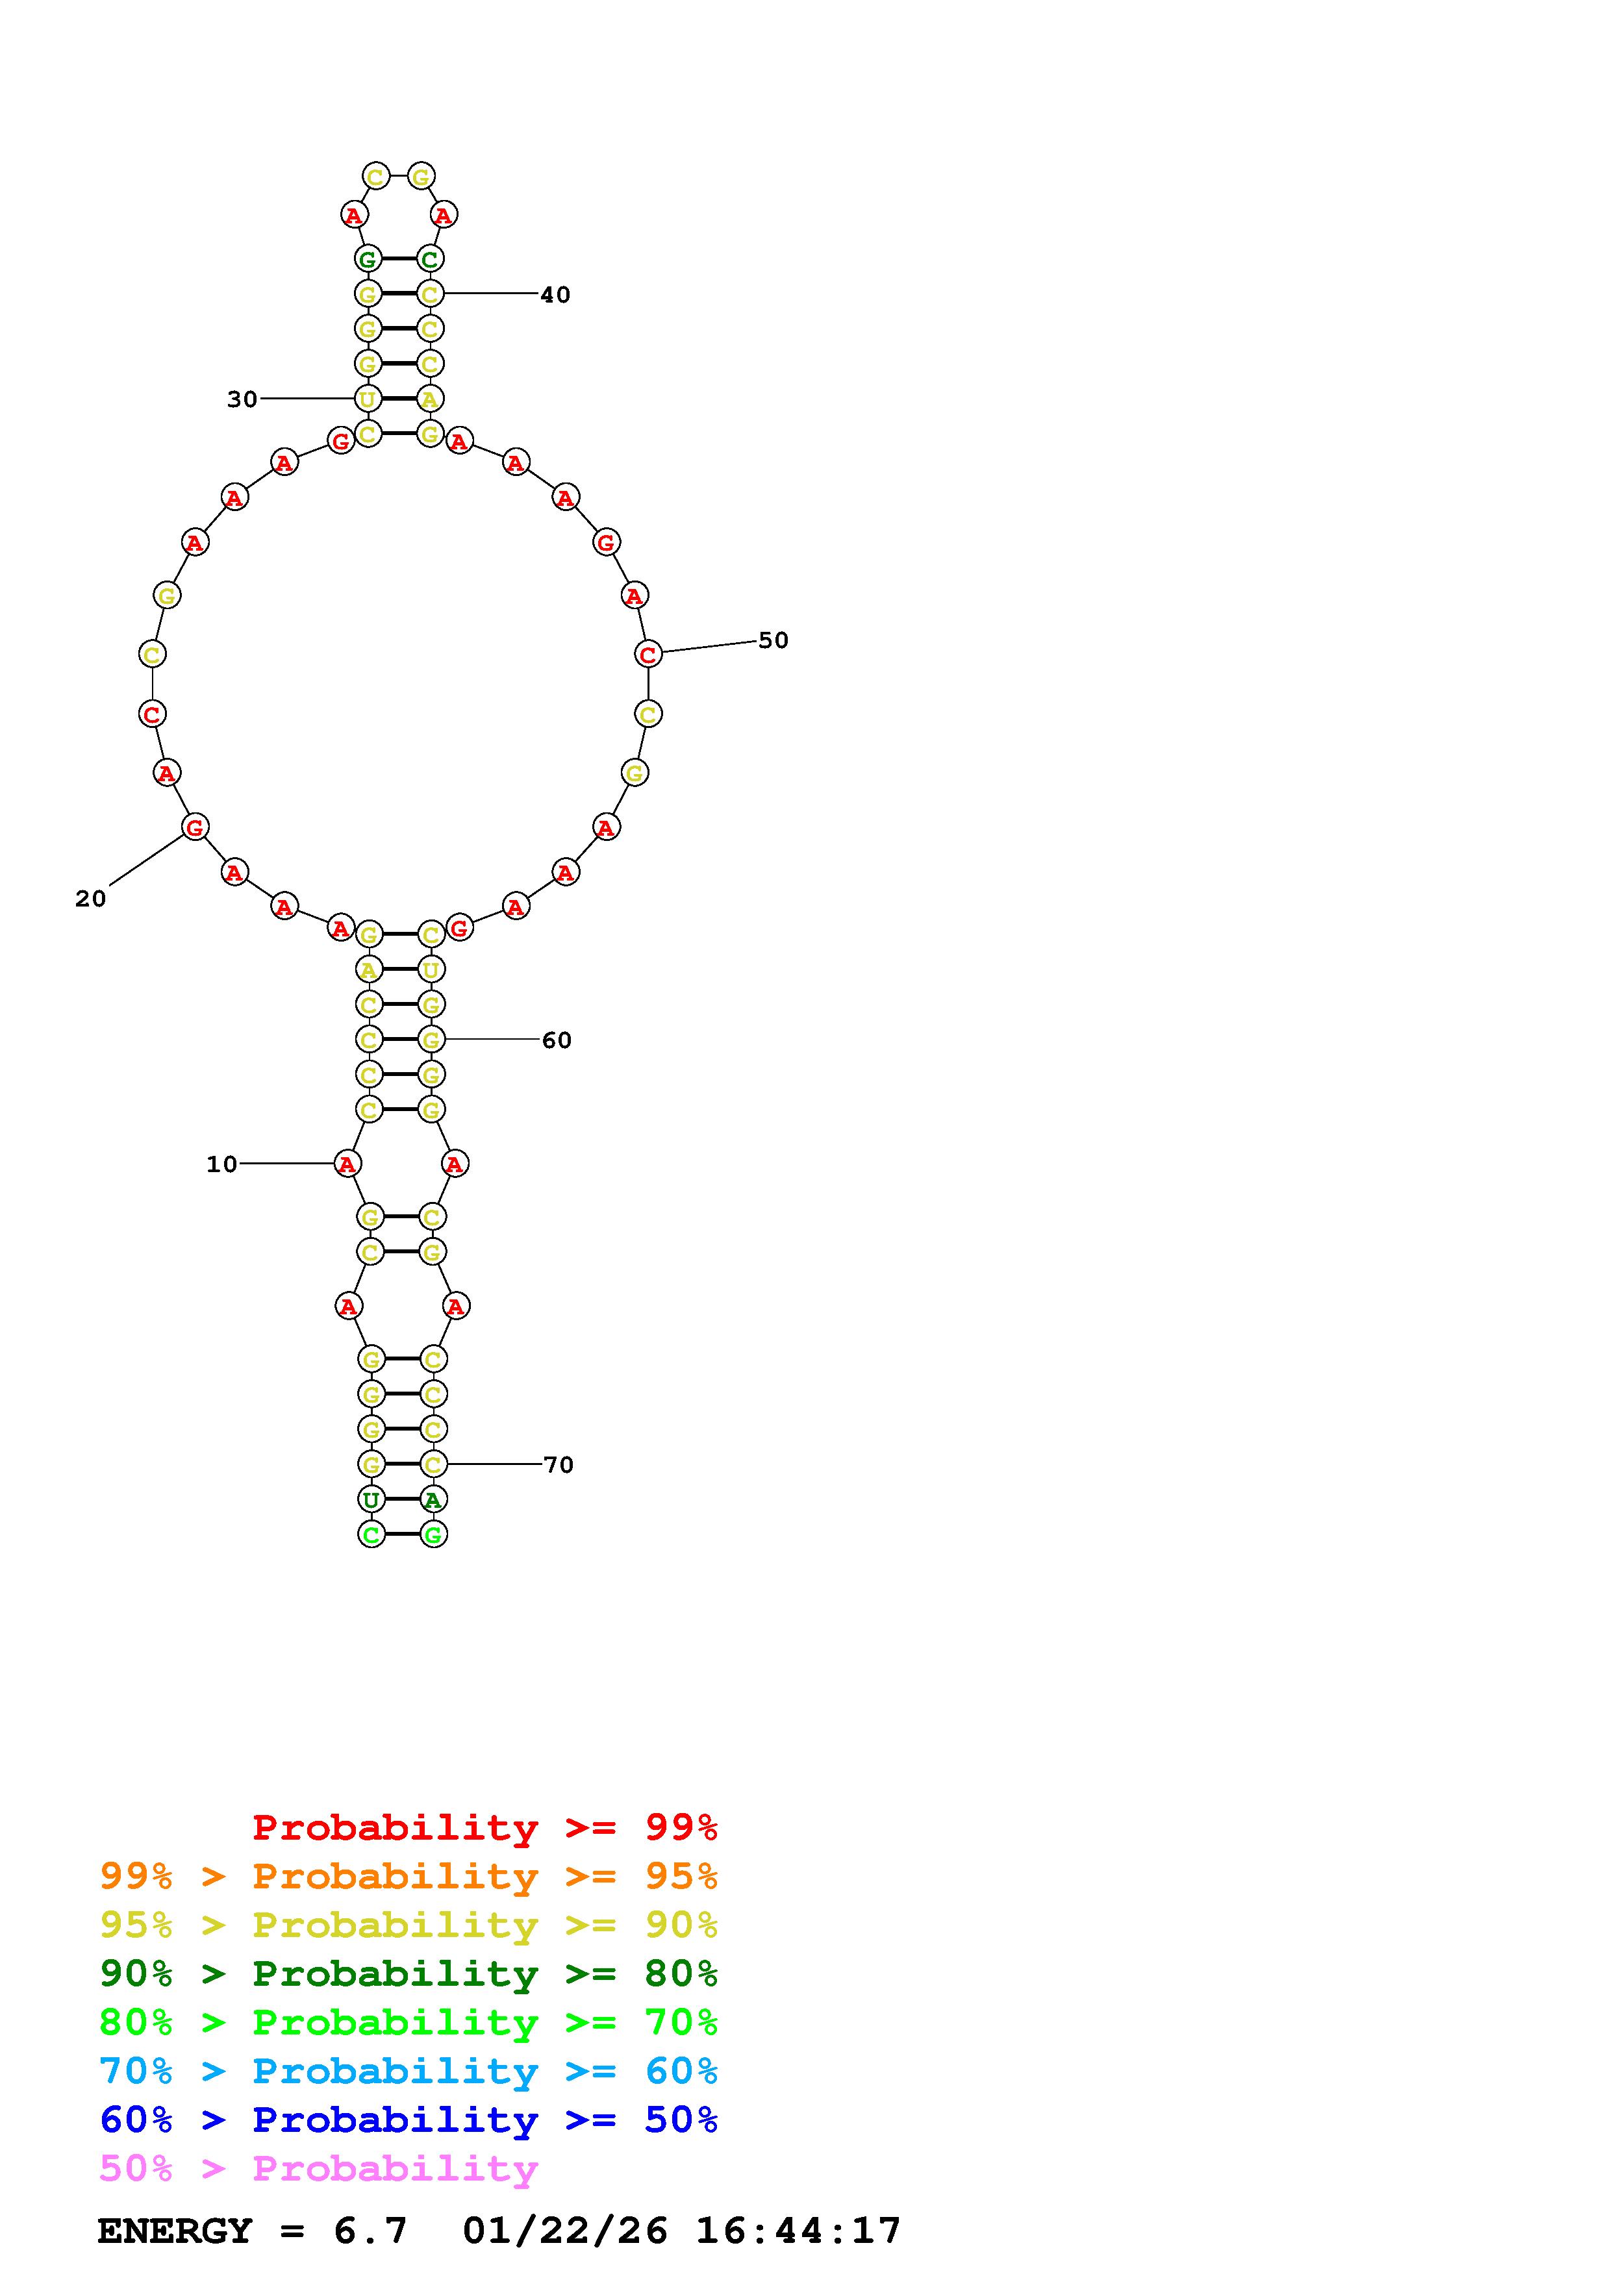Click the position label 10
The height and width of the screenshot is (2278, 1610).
tap(221, 1164)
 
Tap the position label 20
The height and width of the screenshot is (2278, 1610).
tap(90, 898)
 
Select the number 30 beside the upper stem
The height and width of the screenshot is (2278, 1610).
tap(242, 399)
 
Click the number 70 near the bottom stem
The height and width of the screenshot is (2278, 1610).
tap(559, 1464)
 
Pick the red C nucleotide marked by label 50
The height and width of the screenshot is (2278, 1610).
tap(648, 654)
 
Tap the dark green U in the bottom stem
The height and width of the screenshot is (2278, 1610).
tap(371, 1499)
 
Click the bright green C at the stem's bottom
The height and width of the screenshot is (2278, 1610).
tap(371, 1535)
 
